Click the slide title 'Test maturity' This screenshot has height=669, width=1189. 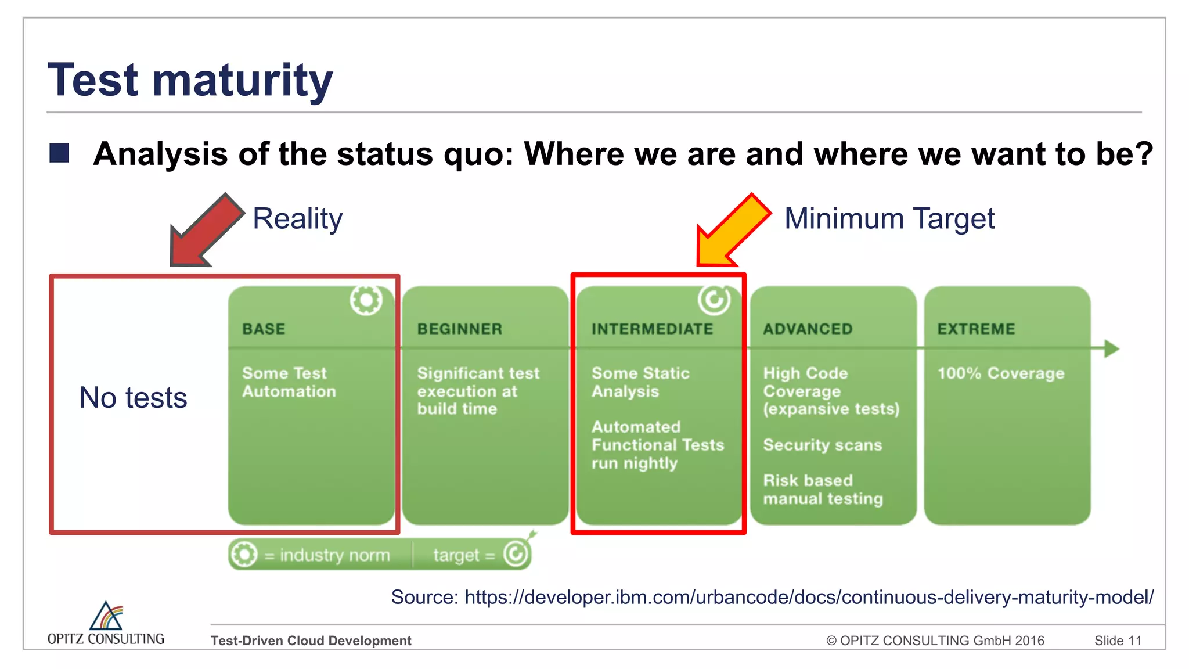[190, 80]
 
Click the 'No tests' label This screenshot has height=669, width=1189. [133, 398]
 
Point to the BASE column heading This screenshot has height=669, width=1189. [264, 329]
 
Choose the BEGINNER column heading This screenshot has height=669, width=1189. [459, 329]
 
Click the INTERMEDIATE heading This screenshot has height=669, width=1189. [652, 329]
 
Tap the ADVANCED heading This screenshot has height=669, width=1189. [808, 329]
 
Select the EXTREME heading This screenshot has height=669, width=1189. [976, 329]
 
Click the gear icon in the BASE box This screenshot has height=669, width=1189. [366, 300]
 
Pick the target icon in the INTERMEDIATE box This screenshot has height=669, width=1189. [714, 300]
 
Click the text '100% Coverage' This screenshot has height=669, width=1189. [1001, 373]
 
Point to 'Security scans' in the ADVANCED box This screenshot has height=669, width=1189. [822, 445]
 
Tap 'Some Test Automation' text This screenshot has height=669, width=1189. [289, 382]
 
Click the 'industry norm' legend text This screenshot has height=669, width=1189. [334, 555]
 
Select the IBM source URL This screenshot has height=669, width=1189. [809, 597]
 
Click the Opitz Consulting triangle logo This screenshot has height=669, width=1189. [106, 616]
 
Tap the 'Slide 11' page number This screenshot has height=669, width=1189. [1118, 641]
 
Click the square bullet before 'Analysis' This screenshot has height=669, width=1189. [59, 153]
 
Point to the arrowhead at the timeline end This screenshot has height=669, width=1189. [1111, 348]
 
